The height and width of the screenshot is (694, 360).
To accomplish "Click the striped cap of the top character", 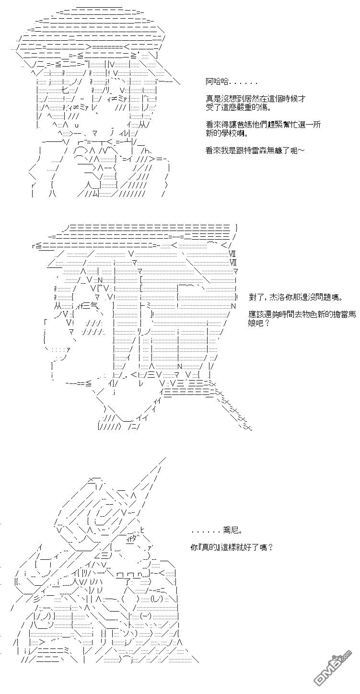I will [x=91, y=29].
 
